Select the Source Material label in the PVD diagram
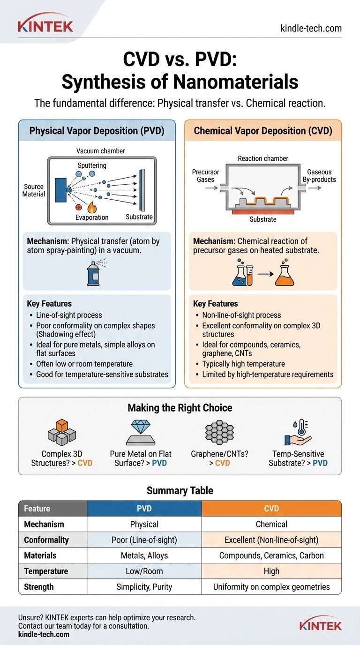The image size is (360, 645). pyautogui.click(x=34, y=190)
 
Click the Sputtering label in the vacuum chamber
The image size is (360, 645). pyautogui.click(x=92, y=165)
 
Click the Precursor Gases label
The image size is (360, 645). pyautogui.click(x=205, y=176)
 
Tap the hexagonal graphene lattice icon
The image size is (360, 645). pyautogui.click(x=219, y=432)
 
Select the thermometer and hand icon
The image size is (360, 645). pyautogui.click(x=298, y=432)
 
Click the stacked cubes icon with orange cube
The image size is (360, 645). pyautogui.click(x=61, y=432)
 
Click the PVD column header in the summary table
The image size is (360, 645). pyautogui.click(x=144, y=509)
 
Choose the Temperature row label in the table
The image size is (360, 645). pyautogui.click(x=46, y=571)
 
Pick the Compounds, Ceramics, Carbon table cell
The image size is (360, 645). pyautogui.click(x=271, y=555)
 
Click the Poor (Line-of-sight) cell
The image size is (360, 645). pyautogui.click(x=144, y=540)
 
